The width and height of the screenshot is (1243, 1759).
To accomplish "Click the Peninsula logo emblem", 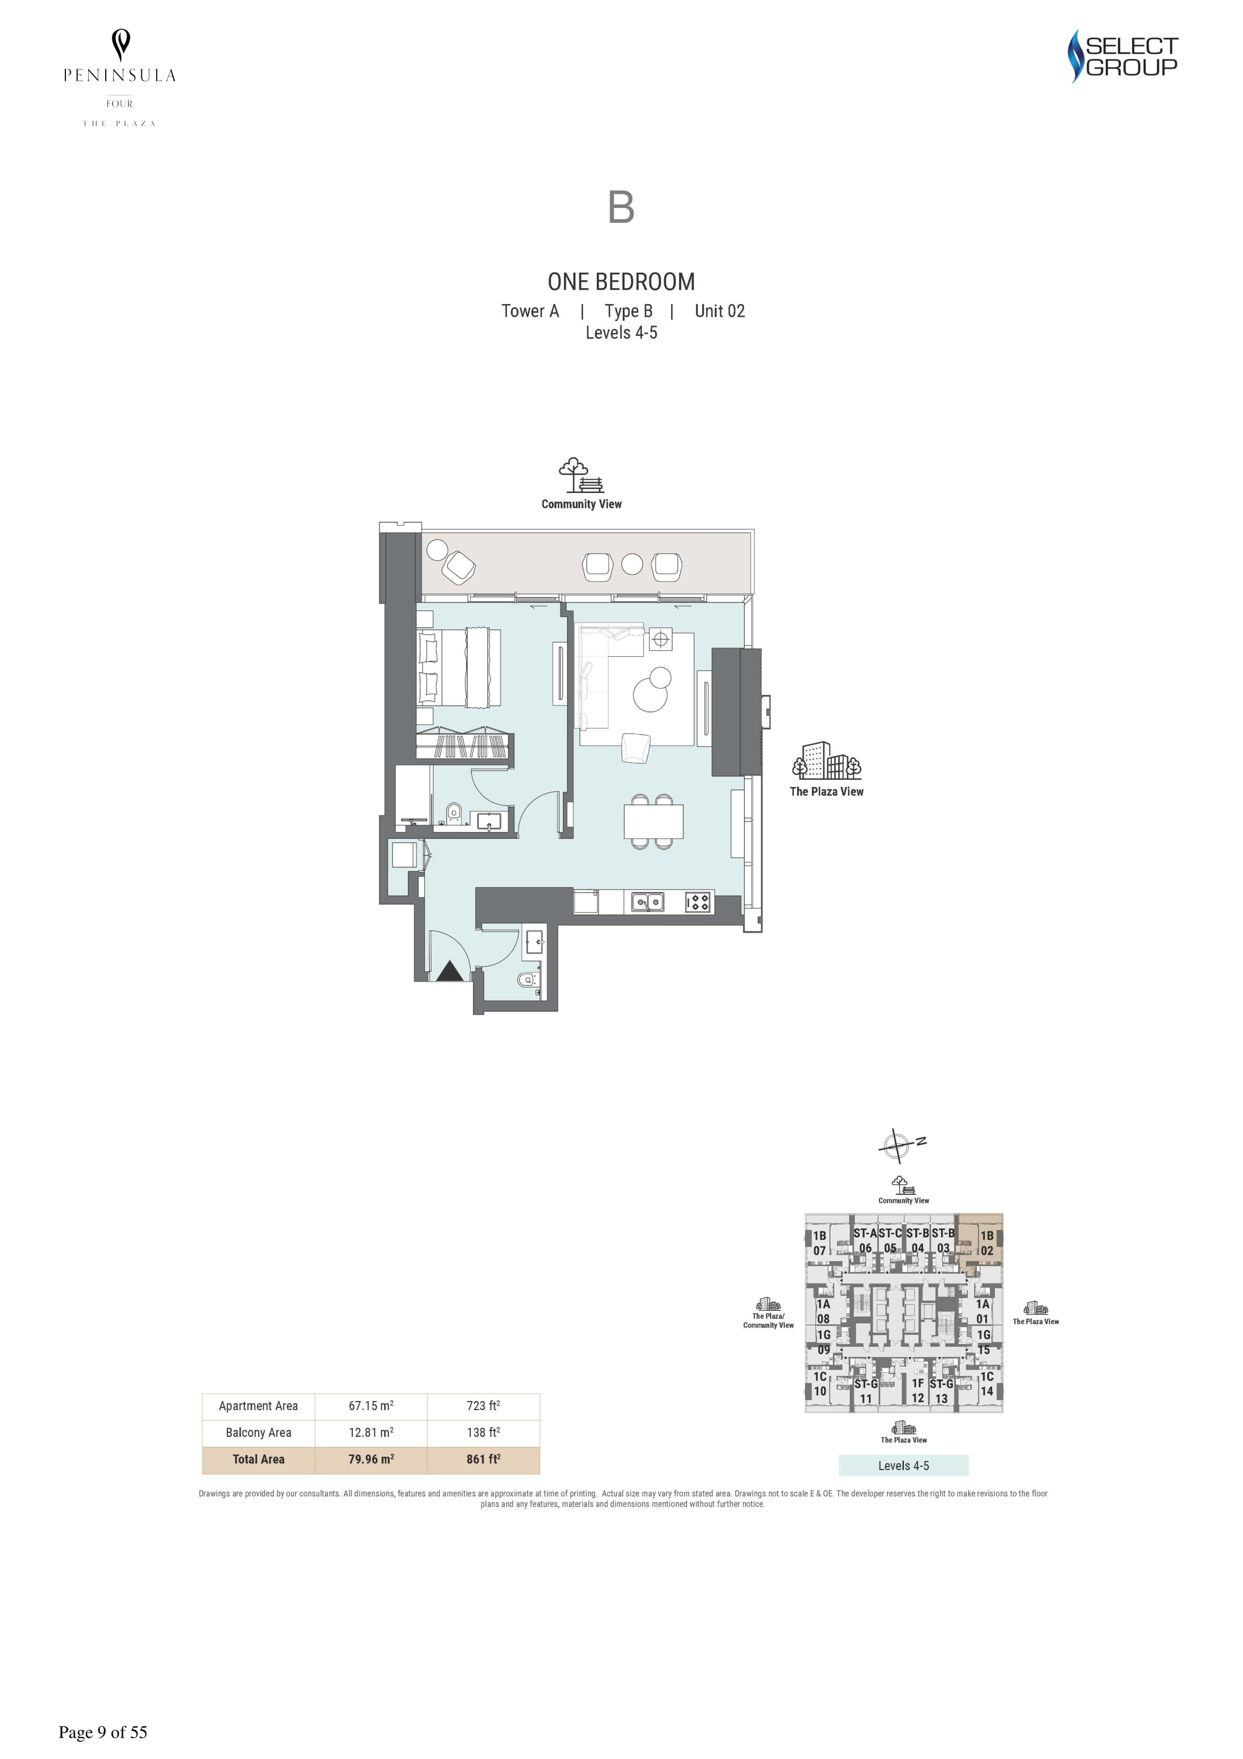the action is click(x=120, y=45).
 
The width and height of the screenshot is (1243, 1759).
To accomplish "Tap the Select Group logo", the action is click(x=1123, y=56).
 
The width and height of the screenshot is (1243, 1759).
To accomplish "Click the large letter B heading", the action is click(x=621, y=207).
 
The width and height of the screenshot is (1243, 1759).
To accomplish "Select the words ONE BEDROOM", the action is click(x=621, y=282).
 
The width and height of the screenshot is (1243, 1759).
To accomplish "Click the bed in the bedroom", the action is click(x=459, y=667).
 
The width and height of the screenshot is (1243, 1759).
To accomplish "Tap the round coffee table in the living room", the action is click(x=652, y=690).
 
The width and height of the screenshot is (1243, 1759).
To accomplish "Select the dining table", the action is click(x=653, y=822).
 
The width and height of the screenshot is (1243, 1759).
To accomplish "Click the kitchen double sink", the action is click(x=648, y=902).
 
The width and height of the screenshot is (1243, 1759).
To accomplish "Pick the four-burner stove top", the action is click(x=698, y=902).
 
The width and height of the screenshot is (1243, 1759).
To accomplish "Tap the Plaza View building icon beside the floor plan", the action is click(x=826, y=761).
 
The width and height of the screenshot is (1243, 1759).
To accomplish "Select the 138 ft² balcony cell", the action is click(x=483, y=1433).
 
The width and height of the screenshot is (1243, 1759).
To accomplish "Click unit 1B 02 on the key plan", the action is click(x=986, y=1243).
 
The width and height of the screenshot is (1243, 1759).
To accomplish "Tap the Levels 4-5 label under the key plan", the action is click(x=904, y=1465).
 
